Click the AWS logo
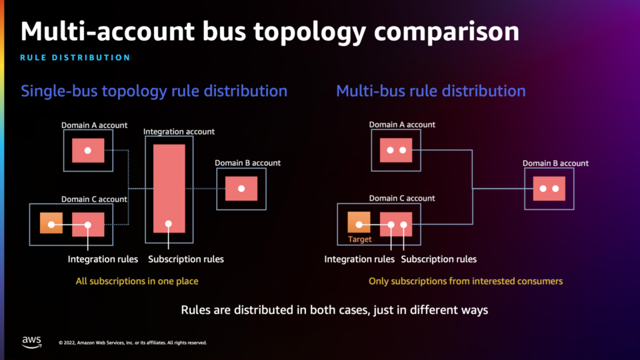[x=32, y=342]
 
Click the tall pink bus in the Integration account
[x=169, y=189]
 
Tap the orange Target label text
[x=359, y=239]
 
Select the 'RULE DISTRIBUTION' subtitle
[x=75, y=57]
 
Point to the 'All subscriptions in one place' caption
[x=137, y=281]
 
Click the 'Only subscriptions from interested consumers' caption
[x=465, y=281]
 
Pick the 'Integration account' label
[x=179, y=131]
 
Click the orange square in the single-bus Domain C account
[x=51, y=223]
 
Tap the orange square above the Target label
[x=359, y=222]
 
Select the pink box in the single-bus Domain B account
[x=241, y=189]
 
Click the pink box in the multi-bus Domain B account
[x=549, y=189]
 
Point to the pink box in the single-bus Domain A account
[x=88, y=151]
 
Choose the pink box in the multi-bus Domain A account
[x=396, y=150]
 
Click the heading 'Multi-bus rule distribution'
[x=431, y=91]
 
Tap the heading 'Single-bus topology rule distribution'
[x=154, y=91]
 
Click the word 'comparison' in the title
[x=447, y=32]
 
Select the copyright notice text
[x=133, y=343]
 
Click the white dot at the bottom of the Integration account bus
[x=168, y=224]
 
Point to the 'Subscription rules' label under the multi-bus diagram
[x=439, y=259]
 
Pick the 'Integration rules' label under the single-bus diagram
[x=103, y=259]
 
